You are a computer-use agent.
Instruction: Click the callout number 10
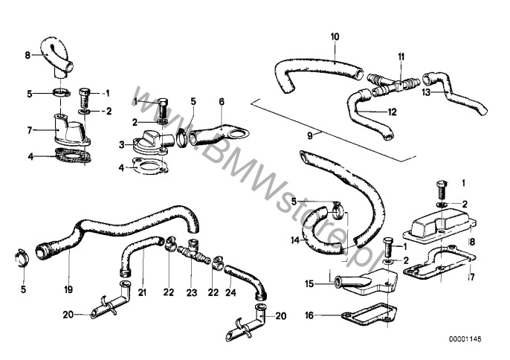coord(334,36)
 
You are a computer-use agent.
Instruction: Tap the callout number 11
coord(401,57)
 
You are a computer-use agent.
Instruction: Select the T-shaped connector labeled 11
coord(393,83)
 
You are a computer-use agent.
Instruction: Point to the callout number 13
coord(426,93)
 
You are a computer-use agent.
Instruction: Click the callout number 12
coord(393,112)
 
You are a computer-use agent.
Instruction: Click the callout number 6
coord(221,100)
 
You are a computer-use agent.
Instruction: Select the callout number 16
coord(309,315)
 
